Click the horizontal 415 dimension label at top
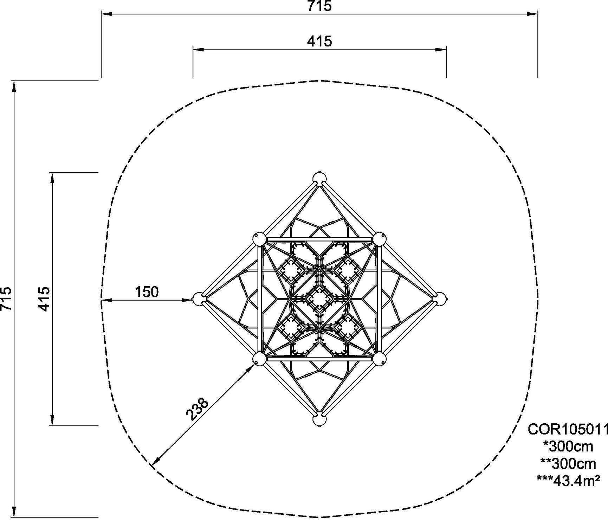coord(319,41)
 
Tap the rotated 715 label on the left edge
coord(6,299)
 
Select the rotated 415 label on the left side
coord(44,299)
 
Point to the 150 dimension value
coord(147,292)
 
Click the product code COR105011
coord(568,429)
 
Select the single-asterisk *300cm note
coord(568,447)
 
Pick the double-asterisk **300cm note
coord(568,464)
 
